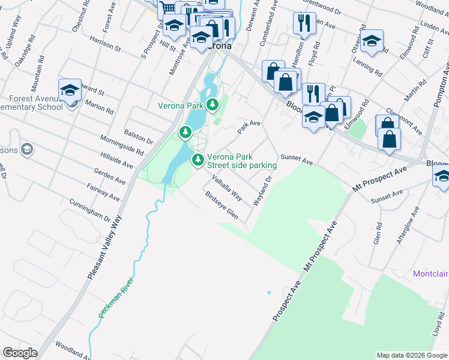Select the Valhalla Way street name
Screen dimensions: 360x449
pos(228,187)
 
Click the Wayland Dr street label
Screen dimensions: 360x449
pos(263,191)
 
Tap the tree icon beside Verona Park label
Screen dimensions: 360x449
pos(212,106)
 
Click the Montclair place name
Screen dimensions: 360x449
pos(430,274)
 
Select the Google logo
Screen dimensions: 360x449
pos(20,353)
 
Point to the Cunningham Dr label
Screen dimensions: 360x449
pos(91,210)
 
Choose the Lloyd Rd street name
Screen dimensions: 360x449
pos(436,325)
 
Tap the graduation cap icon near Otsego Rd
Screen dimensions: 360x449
pos(372,41)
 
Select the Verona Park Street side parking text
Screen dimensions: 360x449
pos(242,161)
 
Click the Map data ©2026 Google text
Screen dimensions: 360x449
pos(412,355)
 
